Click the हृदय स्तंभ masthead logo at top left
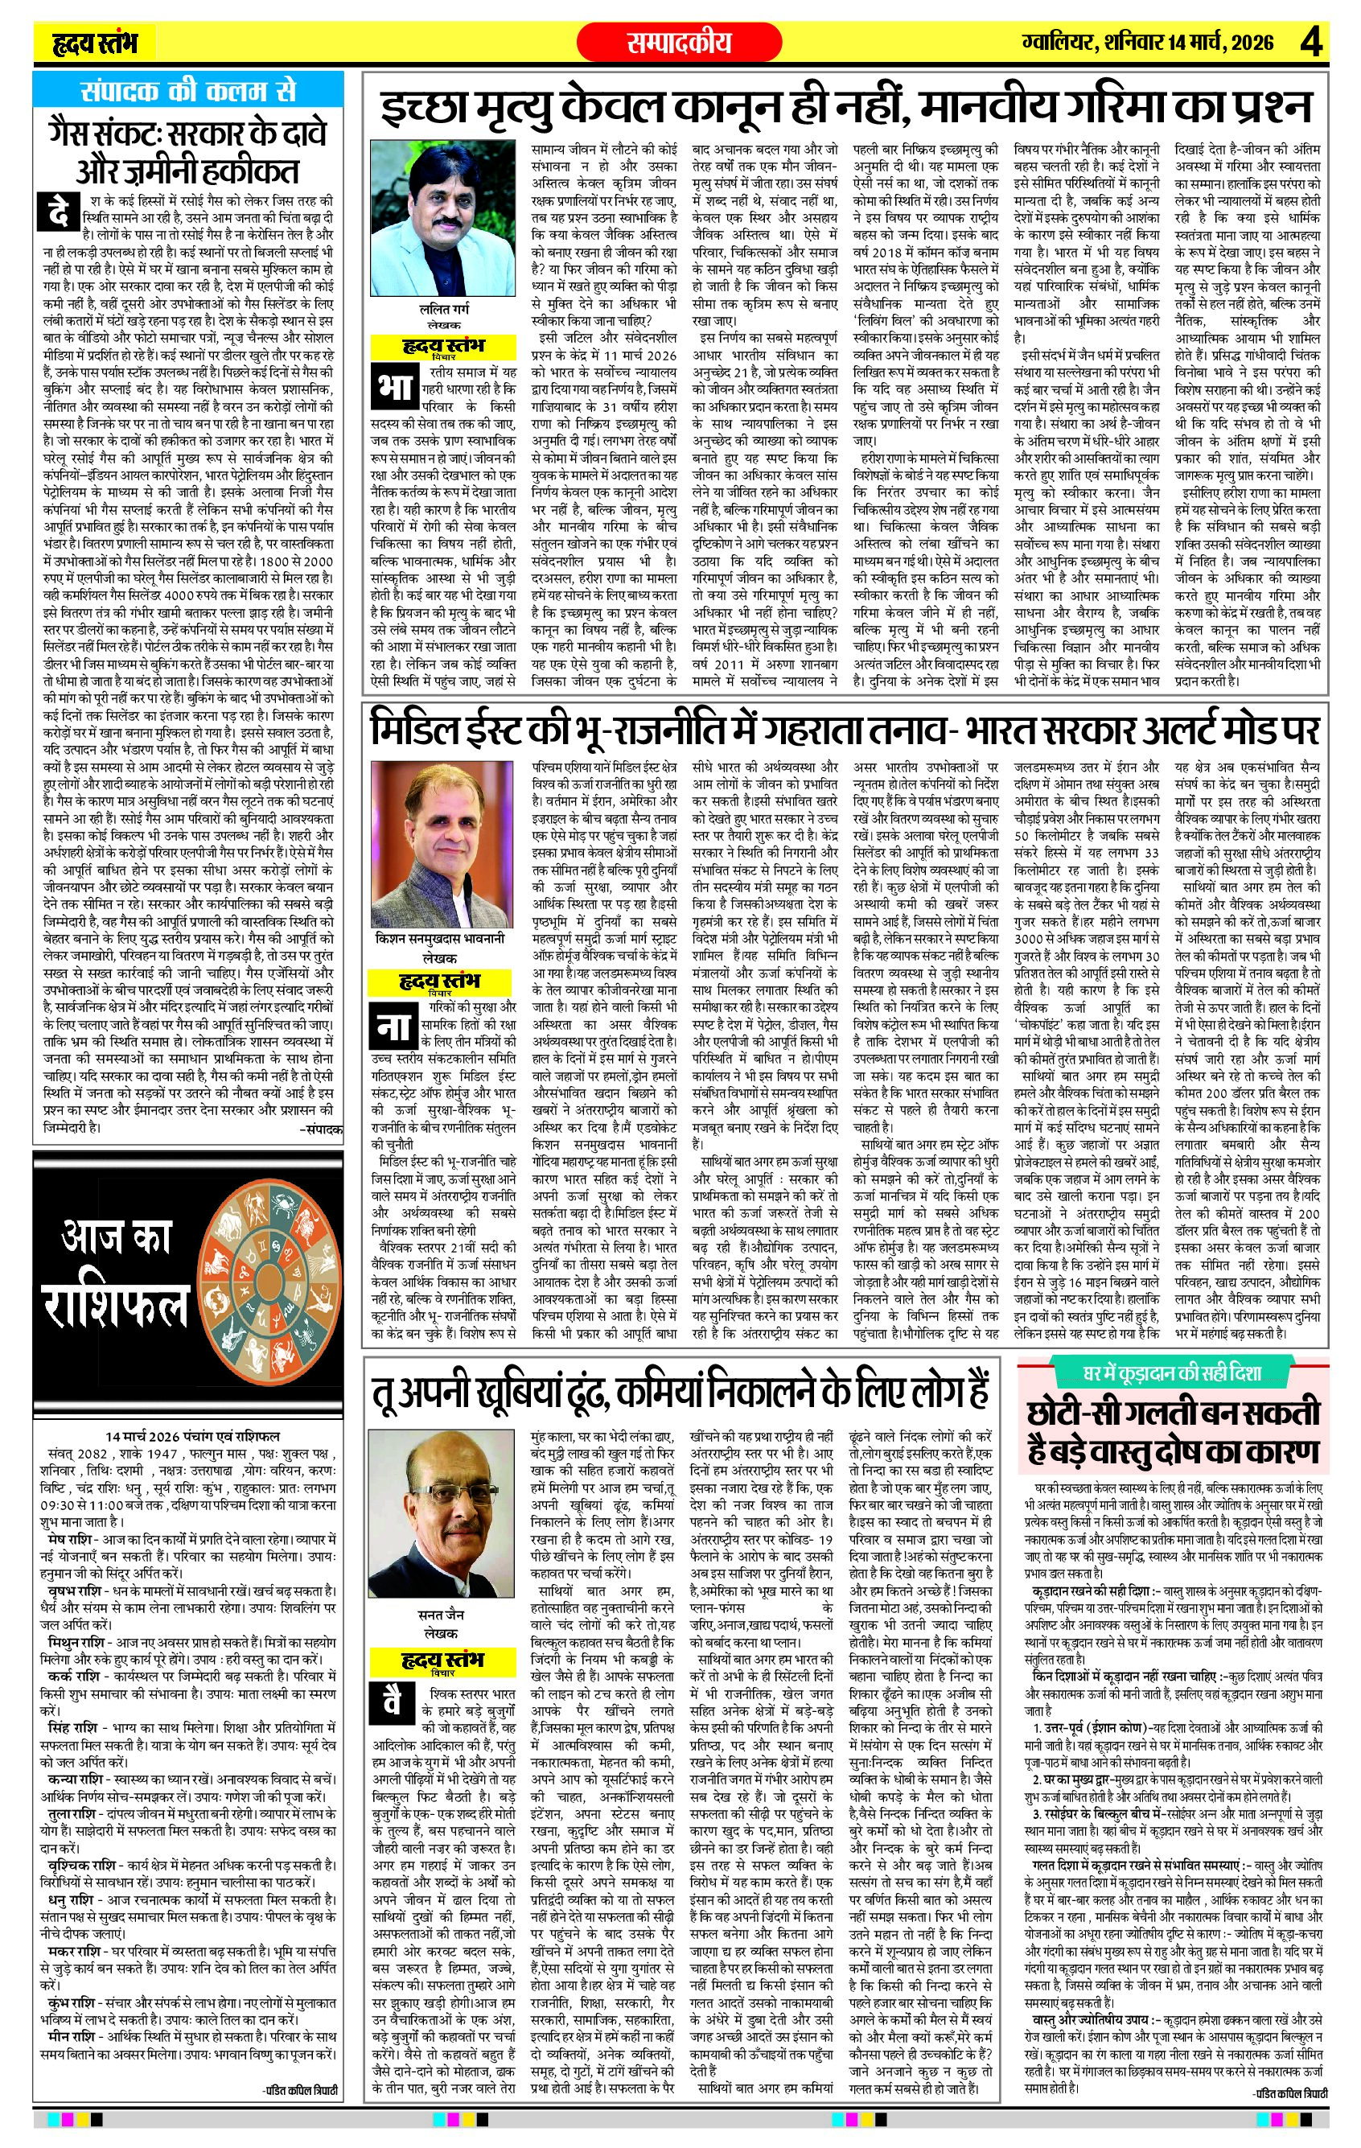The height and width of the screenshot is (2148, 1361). click(96, 43)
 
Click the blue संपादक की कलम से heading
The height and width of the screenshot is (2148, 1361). click(187, 92)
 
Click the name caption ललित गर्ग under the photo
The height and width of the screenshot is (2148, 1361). click(444, 310)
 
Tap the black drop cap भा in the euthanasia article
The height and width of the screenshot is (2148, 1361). click(392, 385)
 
